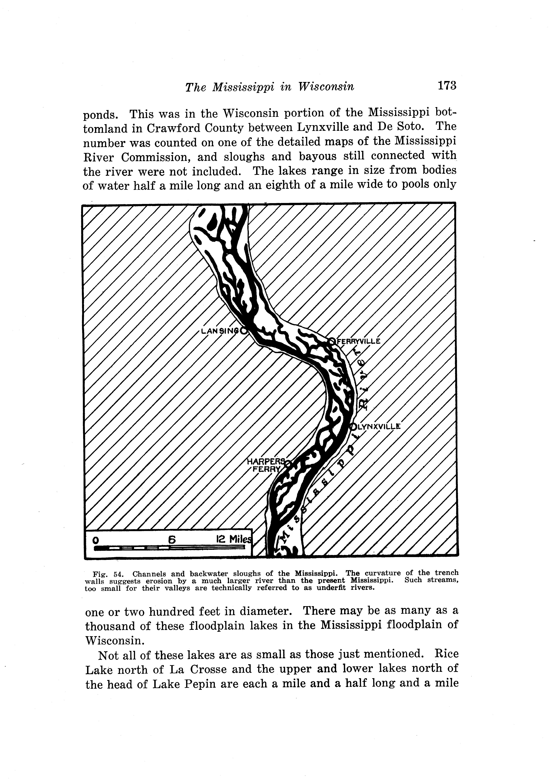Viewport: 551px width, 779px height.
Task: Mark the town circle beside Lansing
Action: [244, 331]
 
